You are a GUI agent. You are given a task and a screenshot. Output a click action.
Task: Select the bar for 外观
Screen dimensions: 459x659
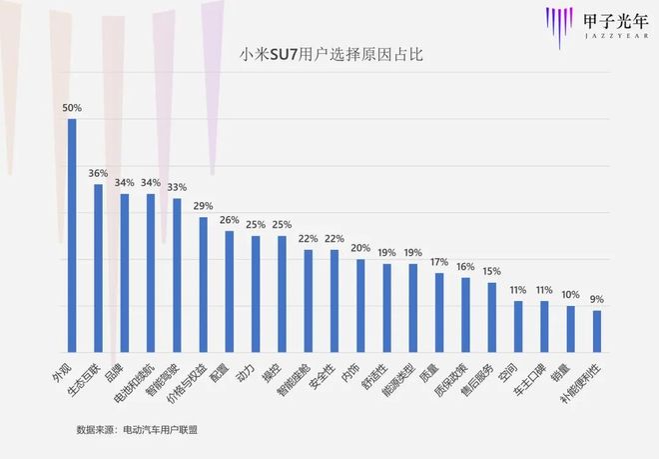tap(72, 234)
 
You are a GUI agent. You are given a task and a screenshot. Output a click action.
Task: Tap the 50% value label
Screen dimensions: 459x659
tap(72, 108)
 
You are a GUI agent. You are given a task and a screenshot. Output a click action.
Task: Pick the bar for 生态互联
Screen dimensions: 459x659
tap(98, 267)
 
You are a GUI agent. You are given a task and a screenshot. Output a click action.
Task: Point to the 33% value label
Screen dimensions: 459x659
tap(177, 187)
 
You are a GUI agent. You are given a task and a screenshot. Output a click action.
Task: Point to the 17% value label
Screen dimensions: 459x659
tap(438, 262)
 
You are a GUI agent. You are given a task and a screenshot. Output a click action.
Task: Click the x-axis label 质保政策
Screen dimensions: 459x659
tap(453, 374)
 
